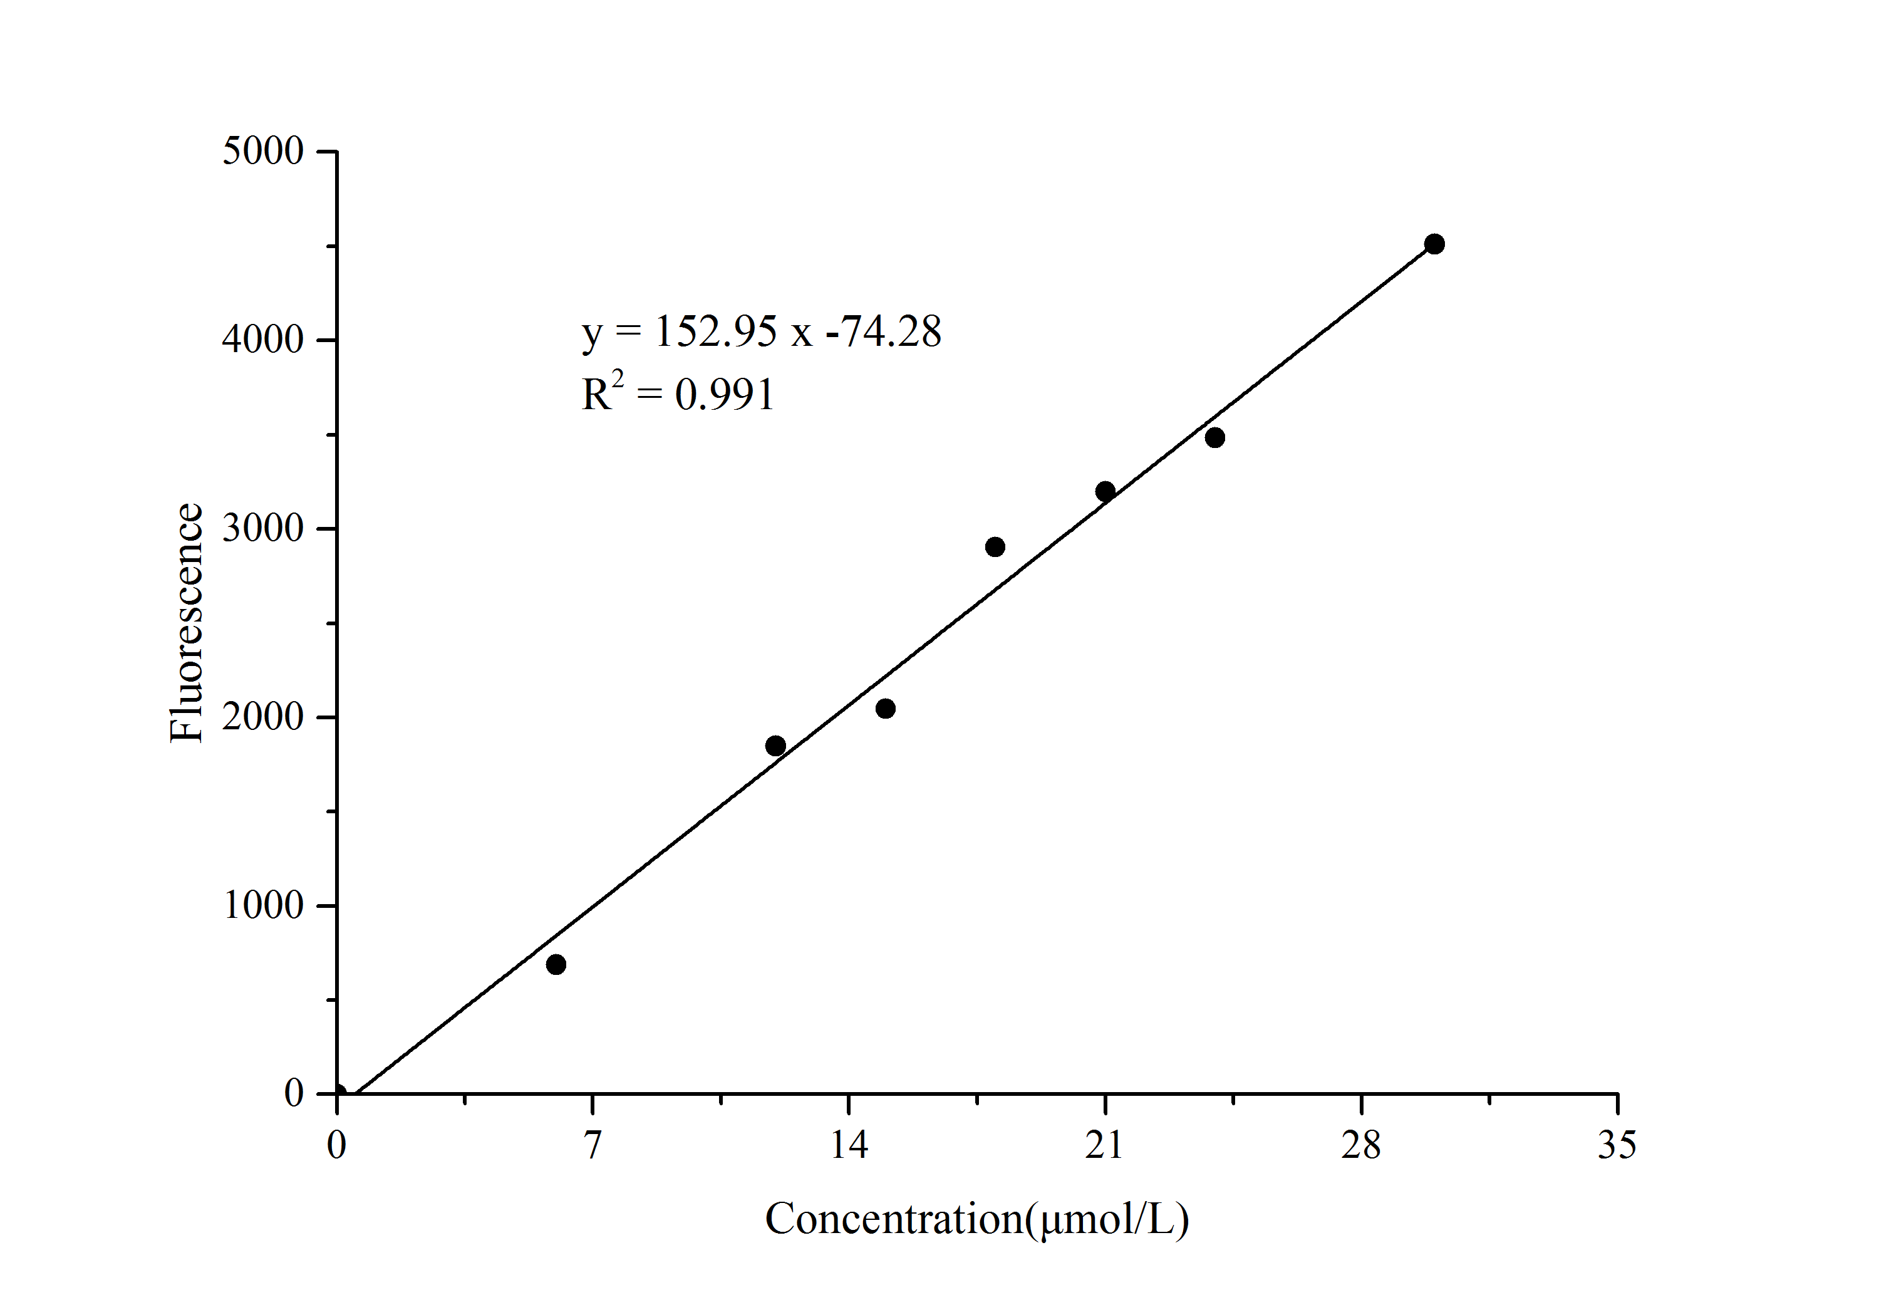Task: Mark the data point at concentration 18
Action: click(995, 547)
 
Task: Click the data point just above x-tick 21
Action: click(1105, 491)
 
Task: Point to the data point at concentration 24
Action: click(1214, 437)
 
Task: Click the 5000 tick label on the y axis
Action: click(262, 152)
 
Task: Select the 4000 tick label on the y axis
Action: click(262, 340)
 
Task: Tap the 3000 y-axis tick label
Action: click(262, 528)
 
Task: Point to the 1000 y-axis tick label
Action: click(262, 905)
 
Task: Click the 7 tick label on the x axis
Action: click(593, 1144)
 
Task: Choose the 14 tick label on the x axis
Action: click(849, 1144)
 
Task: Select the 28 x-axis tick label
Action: click(1361, 1144)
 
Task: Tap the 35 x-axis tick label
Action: click(1617, 1144)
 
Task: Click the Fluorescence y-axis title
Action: click(186, 623)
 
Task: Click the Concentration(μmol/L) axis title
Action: click(976, 1219)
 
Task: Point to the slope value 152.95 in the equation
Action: click(715, 331)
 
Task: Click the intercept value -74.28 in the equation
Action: click(884, 331)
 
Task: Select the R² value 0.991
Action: click(724, 395)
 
